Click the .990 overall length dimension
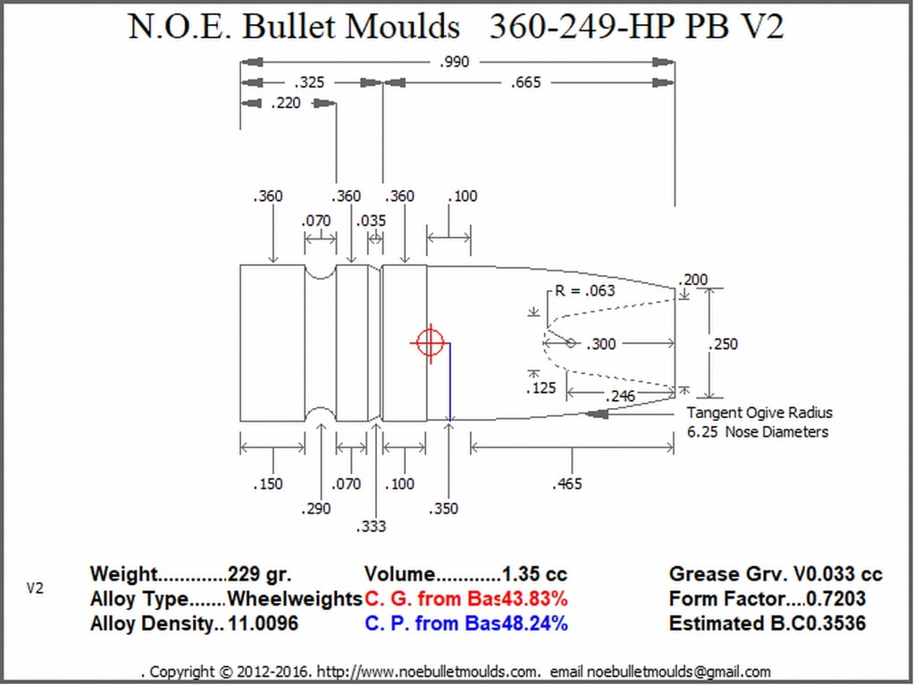pos(454,62)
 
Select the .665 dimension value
pos(525,83)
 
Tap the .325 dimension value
pos(309,83)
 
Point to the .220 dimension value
pos(286,104)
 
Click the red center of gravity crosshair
pos(431,343)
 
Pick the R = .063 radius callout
pos(584,290)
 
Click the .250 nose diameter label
pos(723,344)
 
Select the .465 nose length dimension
pos(566,484)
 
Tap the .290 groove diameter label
pos(316,509)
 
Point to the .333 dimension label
pos(371,527)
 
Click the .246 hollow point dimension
pos(620,397)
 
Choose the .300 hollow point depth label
pos(600,344)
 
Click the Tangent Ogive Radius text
pos(759,413)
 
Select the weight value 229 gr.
pos(259,574)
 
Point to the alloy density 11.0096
pos(263,624)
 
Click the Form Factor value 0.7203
pos(836,598)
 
